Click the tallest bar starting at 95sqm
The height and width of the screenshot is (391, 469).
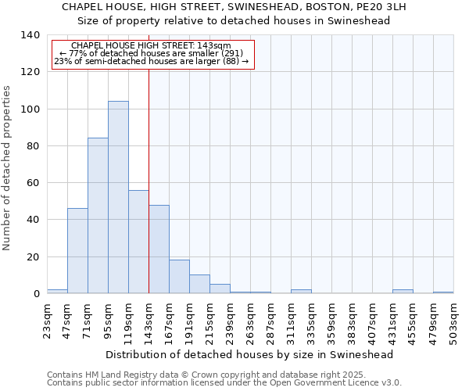coord(118,197)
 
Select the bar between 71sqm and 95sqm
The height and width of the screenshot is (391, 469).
coord(98,216)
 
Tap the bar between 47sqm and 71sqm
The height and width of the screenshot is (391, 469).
coord(77,250)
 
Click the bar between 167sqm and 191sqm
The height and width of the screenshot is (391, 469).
coord(179,277)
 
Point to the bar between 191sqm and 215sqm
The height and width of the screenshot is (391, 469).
coord(199,284)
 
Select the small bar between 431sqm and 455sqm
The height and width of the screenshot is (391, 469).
coord(403,292)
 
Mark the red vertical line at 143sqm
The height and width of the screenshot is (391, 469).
coord(149,180)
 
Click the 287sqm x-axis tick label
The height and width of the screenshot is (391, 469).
coord(270,321)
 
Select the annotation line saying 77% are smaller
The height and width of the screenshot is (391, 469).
coord(152,54)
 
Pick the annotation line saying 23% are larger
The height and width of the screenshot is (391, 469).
coord(152,62)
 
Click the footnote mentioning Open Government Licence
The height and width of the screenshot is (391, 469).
coord(224,383)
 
